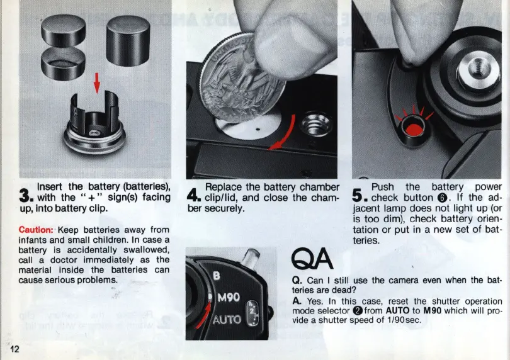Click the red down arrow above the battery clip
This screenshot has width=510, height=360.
96,83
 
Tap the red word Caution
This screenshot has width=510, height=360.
36,230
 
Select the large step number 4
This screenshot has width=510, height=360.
194,196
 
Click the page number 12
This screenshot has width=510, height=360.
14,349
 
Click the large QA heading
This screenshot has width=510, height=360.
312,259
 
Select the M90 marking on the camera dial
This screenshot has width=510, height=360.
229,297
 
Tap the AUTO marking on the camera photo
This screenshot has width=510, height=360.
227,320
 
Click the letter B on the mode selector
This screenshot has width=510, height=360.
217,276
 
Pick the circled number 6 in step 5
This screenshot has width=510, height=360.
442,198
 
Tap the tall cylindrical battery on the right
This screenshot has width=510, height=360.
128,41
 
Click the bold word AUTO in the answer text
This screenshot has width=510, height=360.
397,310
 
